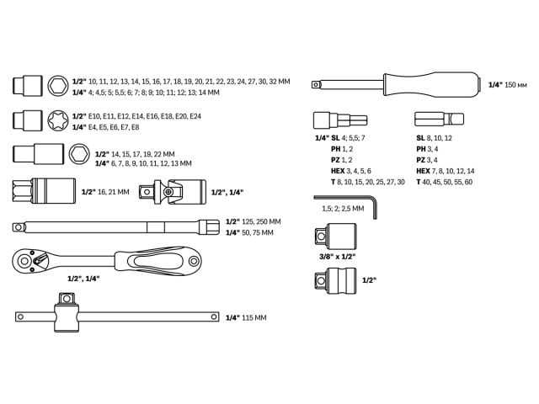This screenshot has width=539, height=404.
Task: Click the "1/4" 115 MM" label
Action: pos(246,317)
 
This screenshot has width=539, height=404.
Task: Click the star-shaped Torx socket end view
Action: pos(60,120)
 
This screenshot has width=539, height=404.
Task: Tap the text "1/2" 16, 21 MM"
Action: pos(105,192)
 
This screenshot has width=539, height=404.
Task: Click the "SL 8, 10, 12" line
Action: pos(434,138)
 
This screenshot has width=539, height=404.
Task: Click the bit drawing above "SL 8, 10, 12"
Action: pos(435,119)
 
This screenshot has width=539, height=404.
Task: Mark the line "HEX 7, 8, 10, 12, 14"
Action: pos(446,171)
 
